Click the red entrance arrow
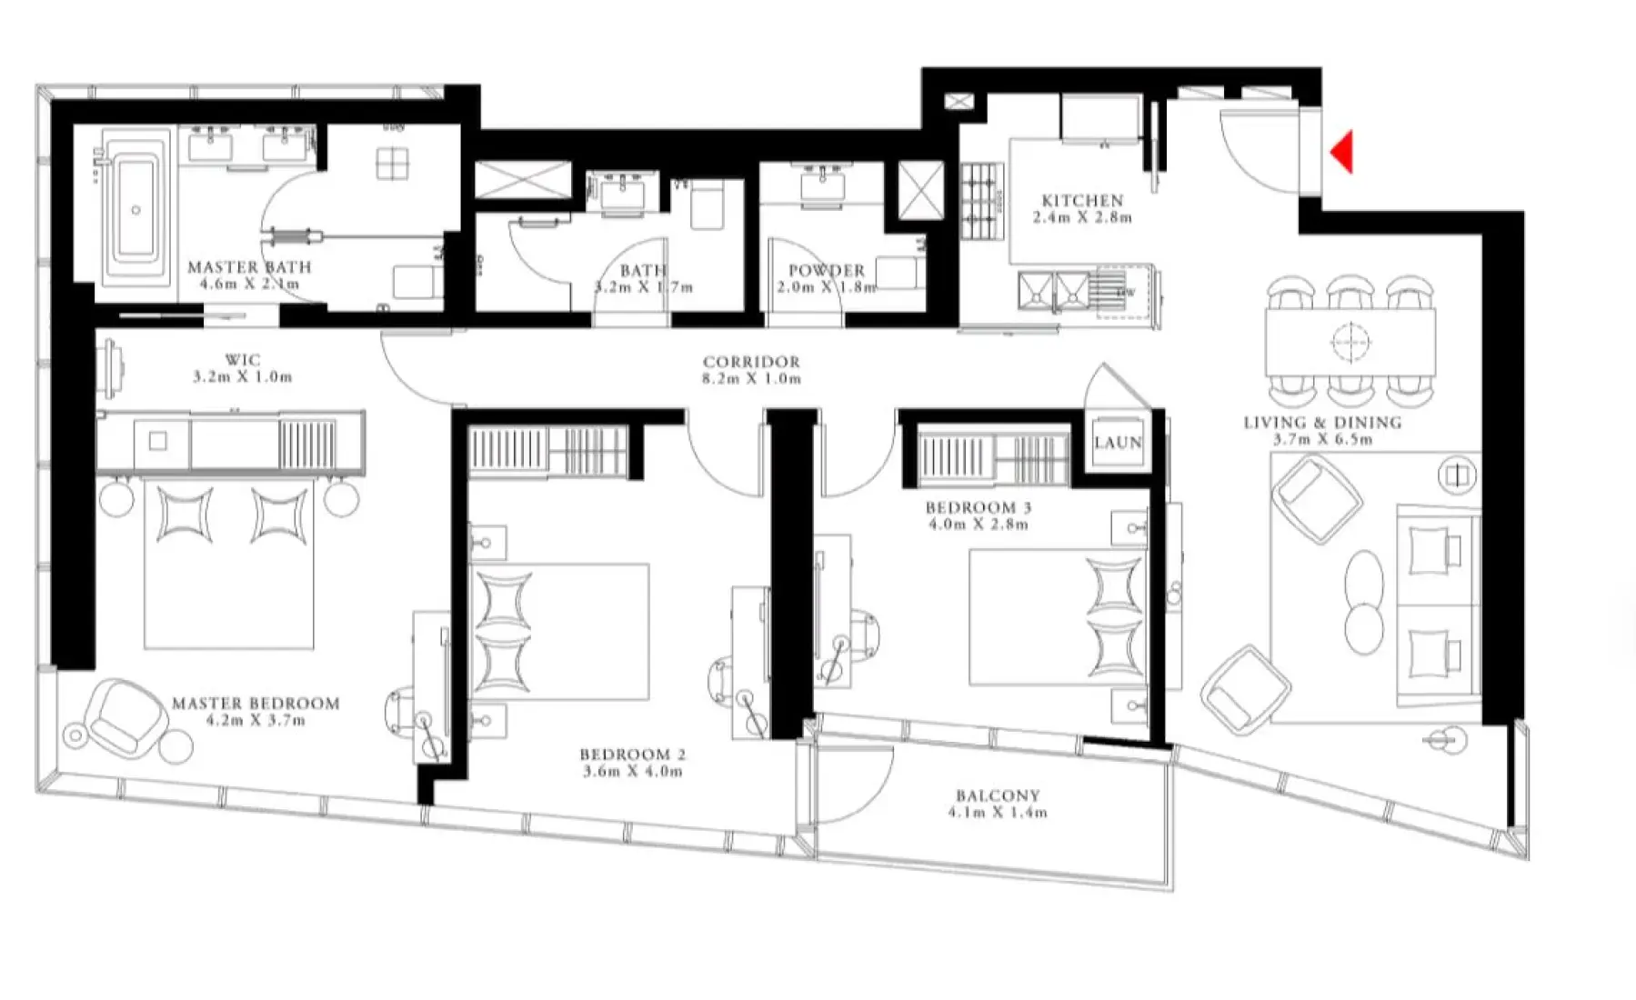click(x=1343, y=152)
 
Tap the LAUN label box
click(x=1118, y=443)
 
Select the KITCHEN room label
click(x=1082, y=200)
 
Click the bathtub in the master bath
click(x=135, y=210)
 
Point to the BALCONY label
click(x=998, y=795)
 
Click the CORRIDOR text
click(x=751, y=362)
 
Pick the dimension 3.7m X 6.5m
click(x=1321, y=439)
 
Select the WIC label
click(x=242, y=360)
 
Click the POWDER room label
click(x=826, y=270)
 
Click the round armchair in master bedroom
click(x=127, y=715)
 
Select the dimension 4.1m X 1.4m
click(x=998, y=812)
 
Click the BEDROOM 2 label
click(x=632, y=755)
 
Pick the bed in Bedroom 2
click(x=557, y=631)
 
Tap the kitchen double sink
click(x=1054, y=290)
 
